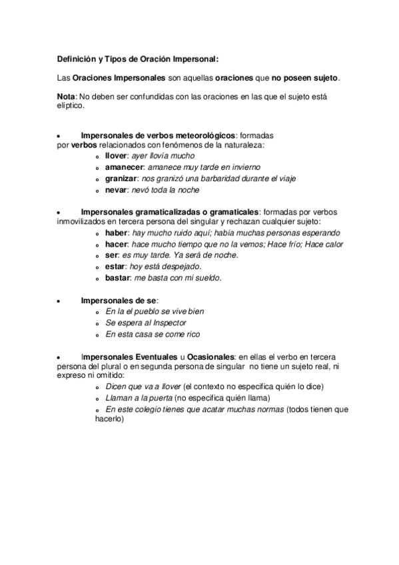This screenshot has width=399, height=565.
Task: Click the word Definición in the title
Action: (x=75, y=59)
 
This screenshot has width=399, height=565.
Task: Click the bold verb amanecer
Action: (x=125, y=167)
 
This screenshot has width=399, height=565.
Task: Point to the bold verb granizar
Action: (x=122, y=179)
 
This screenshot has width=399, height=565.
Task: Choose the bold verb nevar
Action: (x=116, y=191)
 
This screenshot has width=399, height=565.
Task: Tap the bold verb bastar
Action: (x=118, y=277)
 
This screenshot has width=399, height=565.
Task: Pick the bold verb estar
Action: (x=116, y=267)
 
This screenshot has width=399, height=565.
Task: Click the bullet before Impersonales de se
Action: (x=60, y=302)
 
